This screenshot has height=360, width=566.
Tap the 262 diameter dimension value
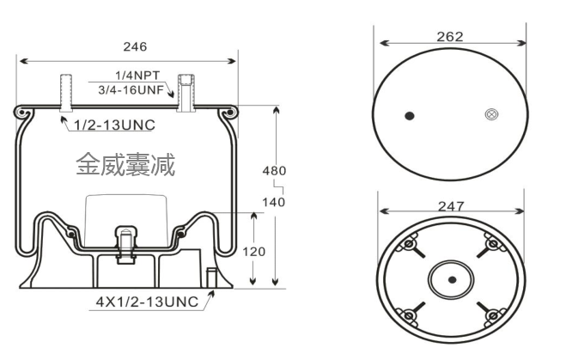[x=450, y=36]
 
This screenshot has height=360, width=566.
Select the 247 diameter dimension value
[x=450, y=206]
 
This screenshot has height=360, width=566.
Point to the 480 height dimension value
[x=273, y=170]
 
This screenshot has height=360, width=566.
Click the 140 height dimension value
[x=273, y=202]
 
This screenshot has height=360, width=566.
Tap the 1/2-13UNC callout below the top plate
[x=114, y=125]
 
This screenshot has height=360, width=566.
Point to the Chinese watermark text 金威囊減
[x=125, y=164]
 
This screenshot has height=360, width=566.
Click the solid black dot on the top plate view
[x=409, y=117]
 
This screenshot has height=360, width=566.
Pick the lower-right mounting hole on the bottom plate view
[x=492, y=317]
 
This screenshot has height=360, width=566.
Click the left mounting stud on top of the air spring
[x=65, y=91]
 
